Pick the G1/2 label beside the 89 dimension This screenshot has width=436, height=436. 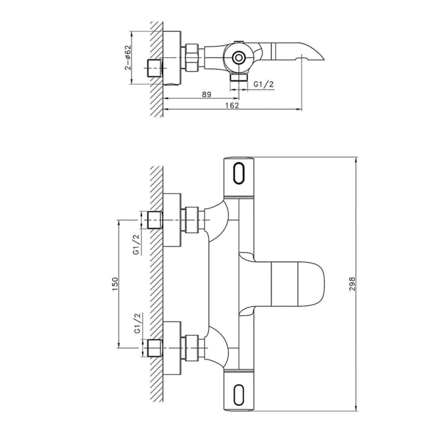263,83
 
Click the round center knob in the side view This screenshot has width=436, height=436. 238,59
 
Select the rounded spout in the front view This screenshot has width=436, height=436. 293,282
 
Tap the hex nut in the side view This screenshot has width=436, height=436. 193,57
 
